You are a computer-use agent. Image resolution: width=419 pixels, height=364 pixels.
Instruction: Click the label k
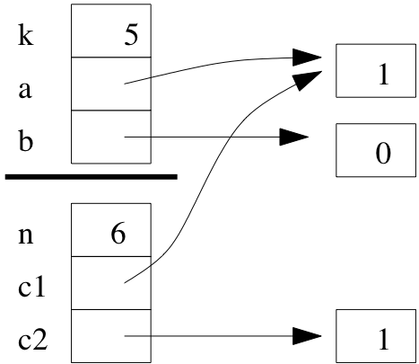pyautogui.click(x=26, y=36)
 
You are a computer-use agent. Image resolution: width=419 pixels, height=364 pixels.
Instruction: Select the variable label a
pyautogui.click(x=25, y=90)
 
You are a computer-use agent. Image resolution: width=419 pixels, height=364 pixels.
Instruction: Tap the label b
pyautogui.click(x=25, y=140)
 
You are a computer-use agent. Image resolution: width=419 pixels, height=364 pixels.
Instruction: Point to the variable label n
pyautogui.click(x=26, y=235)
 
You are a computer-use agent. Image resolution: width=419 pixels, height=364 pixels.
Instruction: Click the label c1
pyautogui.click(x=31, y=286)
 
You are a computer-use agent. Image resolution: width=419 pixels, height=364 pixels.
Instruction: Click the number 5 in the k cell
pyautogui.click(x=131, y=35)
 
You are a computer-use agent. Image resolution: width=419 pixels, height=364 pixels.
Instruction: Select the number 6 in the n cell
pyautogui.click(x=118, y=234)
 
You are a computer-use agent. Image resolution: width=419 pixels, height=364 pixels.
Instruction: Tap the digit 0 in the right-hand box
pyautogui.click(x=383, y=153)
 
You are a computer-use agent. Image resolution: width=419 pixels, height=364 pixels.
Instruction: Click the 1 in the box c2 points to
pyautogui.click(x=383, y=339)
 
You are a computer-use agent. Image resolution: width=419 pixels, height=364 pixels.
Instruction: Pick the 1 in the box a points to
pyautogui.click(x=383, y=75)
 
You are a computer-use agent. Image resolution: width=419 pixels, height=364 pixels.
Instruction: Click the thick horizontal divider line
pyautogui.click(x=92, y=177)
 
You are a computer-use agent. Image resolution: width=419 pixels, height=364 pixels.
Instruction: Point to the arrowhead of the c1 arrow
pyautogui.click(x=308, y=79)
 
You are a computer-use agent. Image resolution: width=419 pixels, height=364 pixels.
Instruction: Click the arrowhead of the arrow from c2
pyautogui.click(x=307, y=336)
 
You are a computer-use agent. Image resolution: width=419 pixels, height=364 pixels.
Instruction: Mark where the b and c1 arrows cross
pyautogui.click(x=231, y=138)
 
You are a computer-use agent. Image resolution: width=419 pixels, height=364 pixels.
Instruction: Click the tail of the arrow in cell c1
pyautogui.click(x=125, y=283)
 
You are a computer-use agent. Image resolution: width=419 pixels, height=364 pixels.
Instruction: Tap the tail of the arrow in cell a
pyautogui.click(x=125, y=84)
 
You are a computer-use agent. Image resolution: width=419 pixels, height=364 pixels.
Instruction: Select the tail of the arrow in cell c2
pyautogui.click(x=125, y=336)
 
